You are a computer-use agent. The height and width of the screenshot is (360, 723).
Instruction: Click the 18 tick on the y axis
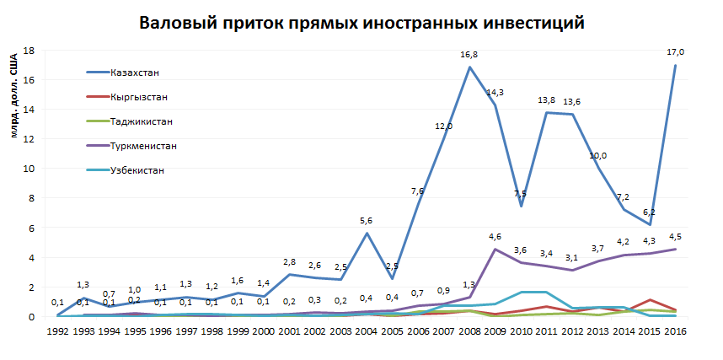pos(29,50)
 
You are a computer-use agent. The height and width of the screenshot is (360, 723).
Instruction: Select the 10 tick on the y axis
pos(29,169)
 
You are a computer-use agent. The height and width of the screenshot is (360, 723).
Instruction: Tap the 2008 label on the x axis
pos(469,331)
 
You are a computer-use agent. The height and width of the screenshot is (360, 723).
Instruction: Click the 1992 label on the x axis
pos(56,331)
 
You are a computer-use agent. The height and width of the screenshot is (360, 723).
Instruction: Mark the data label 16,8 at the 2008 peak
pos(469,55)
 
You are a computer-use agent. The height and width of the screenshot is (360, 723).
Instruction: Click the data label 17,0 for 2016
pos(676,51)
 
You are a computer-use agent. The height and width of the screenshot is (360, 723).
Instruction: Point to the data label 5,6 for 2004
pos(367,221)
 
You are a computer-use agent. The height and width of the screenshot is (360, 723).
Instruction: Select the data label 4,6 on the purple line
pos(495,237)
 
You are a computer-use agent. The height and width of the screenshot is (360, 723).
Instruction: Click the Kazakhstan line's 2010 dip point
pos(522,206)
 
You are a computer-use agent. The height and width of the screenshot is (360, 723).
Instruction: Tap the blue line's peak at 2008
pos(469,67)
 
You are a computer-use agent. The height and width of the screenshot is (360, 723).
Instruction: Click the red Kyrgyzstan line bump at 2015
pos(650,300)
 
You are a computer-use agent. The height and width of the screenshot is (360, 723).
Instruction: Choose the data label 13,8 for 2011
pos(547,100)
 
